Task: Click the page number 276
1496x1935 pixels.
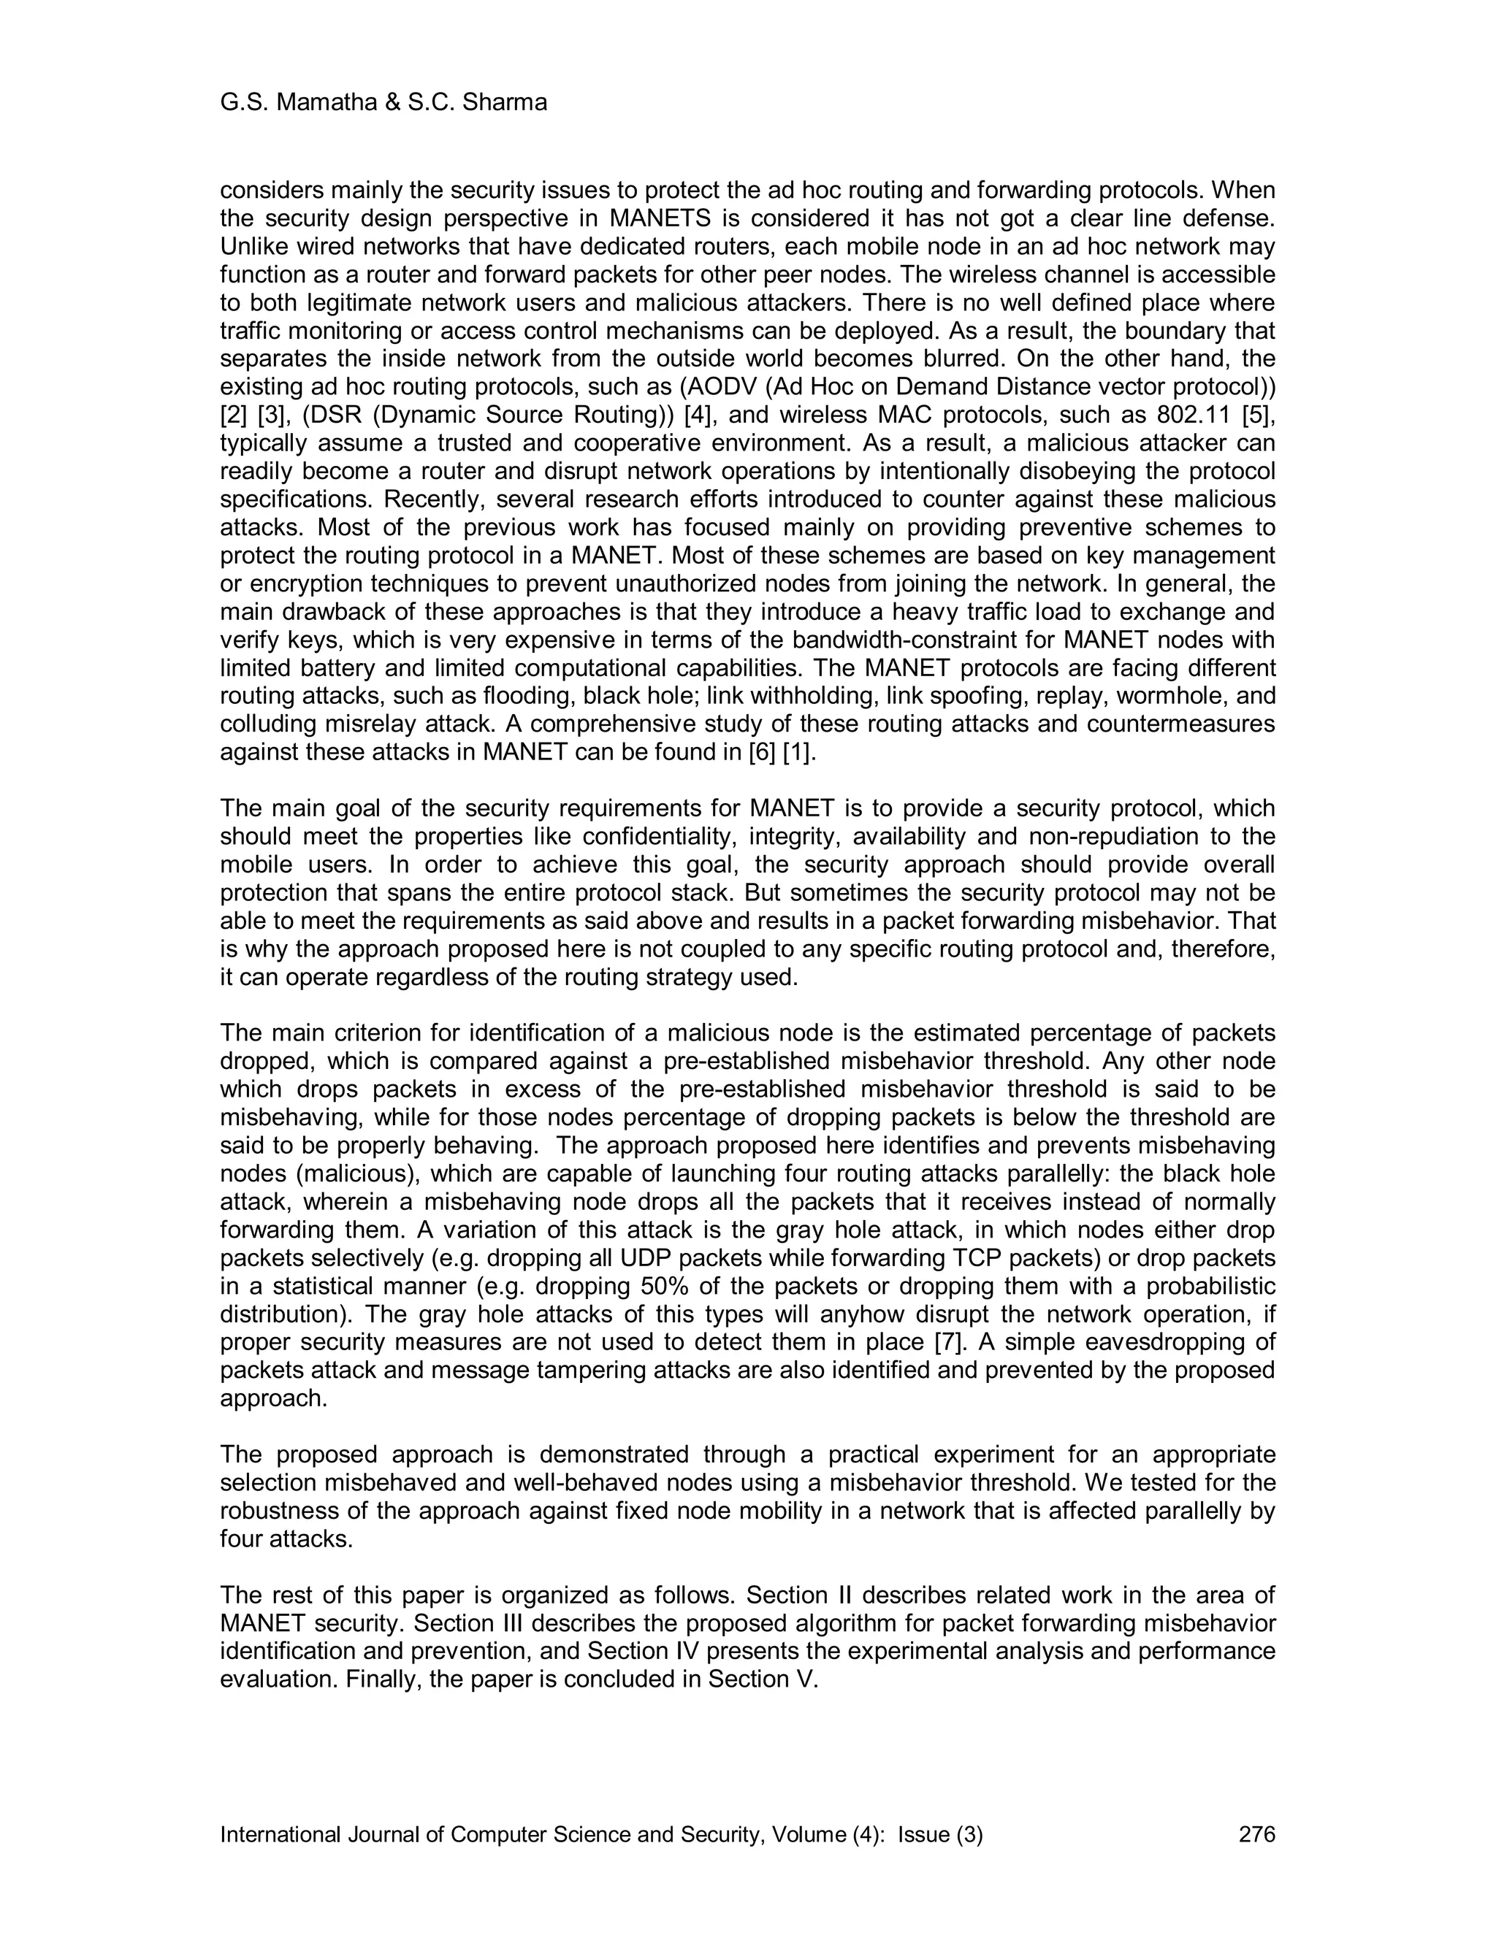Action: pyautogui.click(x=1256, y=1835)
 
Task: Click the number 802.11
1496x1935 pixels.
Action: pyautogui.click(x=1193, y=415)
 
